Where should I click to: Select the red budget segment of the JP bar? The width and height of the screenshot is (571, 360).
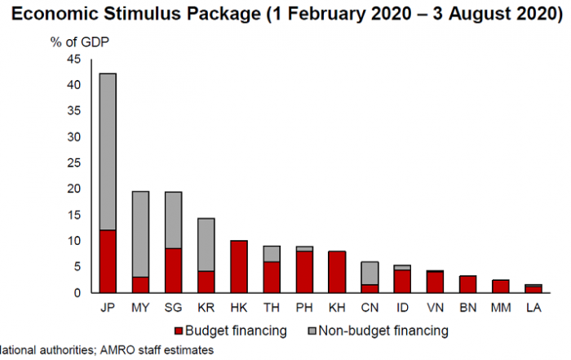(108, 261)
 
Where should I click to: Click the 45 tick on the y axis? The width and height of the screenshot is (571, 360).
(74, 59)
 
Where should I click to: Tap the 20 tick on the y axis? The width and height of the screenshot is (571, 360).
(74, 189)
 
